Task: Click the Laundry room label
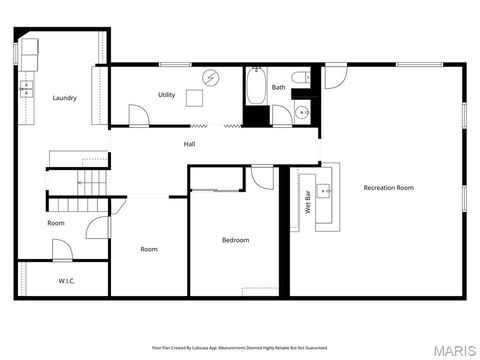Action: [65, 98]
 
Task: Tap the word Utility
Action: [166, 95]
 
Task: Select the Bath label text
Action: [278, 88]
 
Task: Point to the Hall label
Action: [189, 145]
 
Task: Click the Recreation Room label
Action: [389, 188]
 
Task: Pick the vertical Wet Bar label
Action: [308, 203]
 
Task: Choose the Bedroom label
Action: [236, 240]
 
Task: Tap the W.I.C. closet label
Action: [67, 281]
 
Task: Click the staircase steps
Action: [93, 182]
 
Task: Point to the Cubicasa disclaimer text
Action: [239, 348]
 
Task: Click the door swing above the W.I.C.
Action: [62, 250]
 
